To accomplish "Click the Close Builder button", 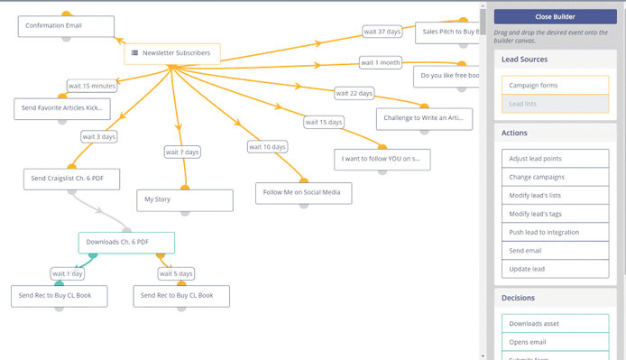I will point(555,16).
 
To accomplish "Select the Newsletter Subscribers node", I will point(171,53).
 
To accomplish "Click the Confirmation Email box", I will point(66,26).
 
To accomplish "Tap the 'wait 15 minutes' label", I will point(91,86).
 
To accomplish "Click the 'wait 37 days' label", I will point(382,32).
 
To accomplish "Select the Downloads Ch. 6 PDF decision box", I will point(125,242).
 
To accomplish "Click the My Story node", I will point(184,199).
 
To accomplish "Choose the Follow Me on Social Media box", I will point(303,192).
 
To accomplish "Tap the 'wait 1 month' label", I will point(380,63).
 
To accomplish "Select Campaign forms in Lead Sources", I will point(555,86).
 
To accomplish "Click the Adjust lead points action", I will point(555,158).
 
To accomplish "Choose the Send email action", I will point(555,251).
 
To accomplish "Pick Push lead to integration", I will point(555,233).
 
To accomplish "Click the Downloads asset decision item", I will point(555,323).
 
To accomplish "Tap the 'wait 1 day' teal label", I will point(69,273).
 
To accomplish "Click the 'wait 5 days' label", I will point(176,273).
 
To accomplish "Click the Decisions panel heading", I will point(519,298).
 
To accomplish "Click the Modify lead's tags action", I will point(555,214).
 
